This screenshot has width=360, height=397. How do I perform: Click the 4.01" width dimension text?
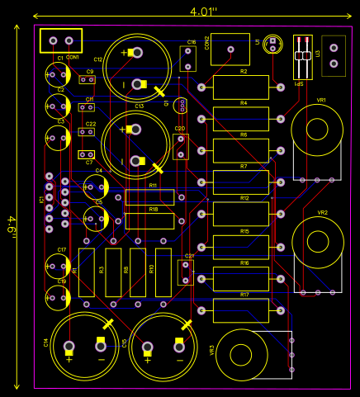[203, 12]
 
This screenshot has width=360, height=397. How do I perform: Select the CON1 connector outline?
[62, 40]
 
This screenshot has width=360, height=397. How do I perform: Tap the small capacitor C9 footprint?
[87, 81]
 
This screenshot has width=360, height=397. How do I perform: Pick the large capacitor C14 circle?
[84, 346]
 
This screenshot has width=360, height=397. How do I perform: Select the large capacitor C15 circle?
[163, 346]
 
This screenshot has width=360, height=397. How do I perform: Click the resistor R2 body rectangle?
[241, 87]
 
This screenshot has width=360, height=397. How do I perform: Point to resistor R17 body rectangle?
[241, 310]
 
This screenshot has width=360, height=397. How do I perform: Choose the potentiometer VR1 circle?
[316, 130]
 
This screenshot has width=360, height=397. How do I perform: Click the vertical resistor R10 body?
[163, 272]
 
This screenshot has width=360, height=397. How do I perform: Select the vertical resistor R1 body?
[87, 272]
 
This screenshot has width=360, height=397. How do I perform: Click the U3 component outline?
[334, 55]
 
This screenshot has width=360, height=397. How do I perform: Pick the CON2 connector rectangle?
[230, 50]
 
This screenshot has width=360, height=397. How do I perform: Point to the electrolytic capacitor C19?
[57, 297]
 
